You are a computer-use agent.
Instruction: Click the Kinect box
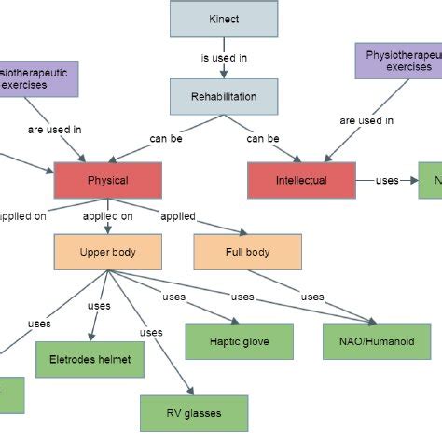pyautogui.click(x=224, y=19)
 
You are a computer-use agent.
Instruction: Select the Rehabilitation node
pyautogui.click(x=224, y=97)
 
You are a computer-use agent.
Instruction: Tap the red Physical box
pyautogui.click(x=107, y=180)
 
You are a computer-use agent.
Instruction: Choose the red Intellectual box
pyautogui.click(x=301, y=180)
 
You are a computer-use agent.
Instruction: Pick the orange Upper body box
pyautogui.click(x=108, y=252)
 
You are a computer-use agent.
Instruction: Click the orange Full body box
pyautogui.click(x=247, y=252)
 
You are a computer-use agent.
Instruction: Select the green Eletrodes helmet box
pyautogui.click(x=90, y=359)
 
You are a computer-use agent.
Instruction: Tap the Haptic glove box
pyautogui.click(x=239, y=341)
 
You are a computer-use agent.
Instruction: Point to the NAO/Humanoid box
pyautogui.click(x=377, y=341)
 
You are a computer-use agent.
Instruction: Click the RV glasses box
pyautogui.click(x=194, y=413)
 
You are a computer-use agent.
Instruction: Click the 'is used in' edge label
pyautogui.click(x=224, y=58)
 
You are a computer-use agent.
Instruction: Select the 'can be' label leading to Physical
pyautogui.click(x=167, y=139)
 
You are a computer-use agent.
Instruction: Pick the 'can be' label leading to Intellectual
pyautogui.click(x=263, y=139)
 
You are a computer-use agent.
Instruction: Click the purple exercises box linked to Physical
pyautogui.click(x=37, y=76)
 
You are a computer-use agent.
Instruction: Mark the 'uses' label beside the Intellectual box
pyautogui.click(x=387, y=180)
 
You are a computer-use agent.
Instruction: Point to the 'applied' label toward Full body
pyautogui.click(x=177, y=216)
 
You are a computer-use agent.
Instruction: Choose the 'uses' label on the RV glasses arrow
pyautogui.click(x=151, y=333)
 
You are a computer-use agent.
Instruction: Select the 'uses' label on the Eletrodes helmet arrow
pyautogui.click(x=99, y=306)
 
